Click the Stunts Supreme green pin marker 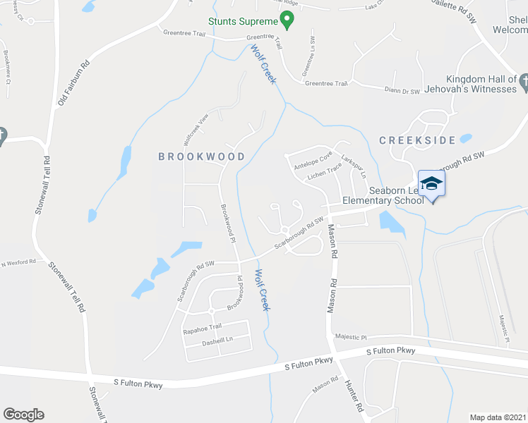(286, 18)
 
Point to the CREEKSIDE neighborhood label (417, 140)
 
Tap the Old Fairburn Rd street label (73, 83)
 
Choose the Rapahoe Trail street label (203, 326)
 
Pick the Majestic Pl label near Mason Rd (352, 337)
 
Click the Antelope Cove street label (313, 161)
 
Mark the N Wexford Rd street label (18, 262)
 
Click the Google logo (23, 415)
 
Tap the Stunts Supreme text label (241, 21)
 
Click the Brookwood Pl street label (227, 224)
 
